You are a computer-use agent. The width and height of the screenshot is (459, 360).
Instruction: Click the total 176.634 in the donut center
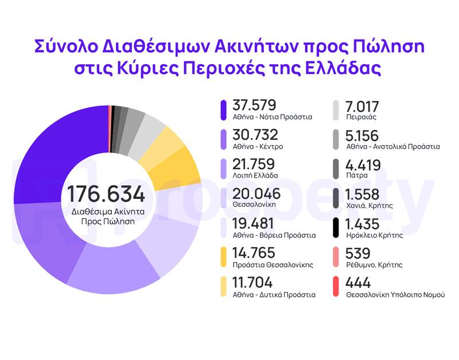tap(106, 193)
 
